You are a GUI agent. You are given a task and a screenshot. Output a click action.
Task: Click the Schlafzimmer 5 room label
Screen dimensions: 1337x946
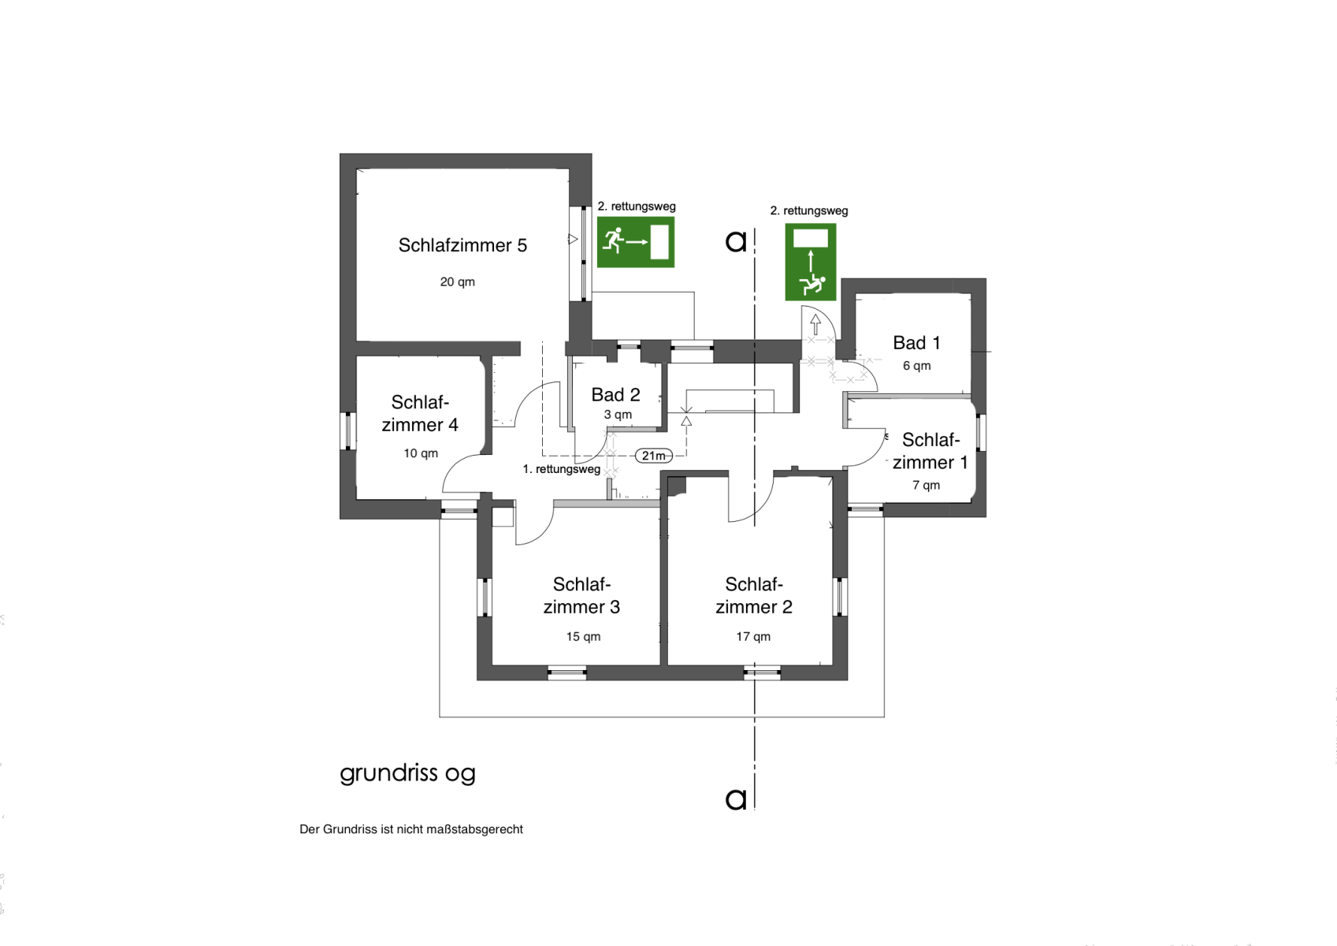point(462,245)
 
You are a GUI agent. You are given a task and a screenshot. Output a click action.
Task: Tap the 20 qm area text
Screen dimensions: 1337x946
point(457,282)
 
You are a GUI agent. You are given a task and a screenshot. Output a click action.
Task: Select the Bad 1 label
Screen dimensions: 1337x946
point(916,343)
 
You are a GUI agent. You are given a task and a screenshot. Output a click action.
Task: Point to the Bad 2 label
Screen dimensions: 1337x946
point(615,395)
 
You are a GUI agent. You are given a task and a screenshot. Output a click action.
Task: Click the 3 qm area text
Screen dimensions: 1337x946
point(618,415)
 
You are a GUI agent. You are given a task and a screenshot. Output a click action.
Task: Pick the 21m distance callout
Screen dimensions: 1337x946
point(654,456)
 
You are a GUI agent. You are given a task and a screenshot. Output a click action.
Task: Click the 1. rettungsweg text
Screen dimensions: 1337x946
point(561,469)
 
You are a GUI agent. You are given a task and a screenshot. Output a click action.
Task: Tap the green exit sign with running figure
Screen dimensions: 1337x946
point(636,242)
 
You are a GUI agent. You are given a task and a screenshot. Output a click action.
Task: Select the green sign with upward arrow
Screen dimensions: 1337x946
point(811,263)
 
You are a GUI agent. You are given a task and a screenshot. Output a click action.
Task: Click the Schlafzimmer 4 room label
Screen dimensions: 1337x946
point(420,413)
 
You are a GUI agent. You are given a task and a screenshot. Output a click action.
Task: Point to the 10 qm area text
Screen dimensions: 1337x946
point(421,453)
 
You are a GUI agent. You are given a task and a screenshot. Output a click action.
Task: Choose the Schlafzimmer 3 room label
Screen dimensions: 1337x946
point(581,595)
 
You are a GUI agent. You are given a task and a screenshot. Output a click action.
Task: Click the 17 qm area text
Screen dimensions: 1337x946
point(753,637)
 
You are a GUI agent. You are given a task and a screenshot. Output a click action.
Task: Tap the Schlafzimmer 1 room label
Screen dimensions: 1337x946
point(930,451)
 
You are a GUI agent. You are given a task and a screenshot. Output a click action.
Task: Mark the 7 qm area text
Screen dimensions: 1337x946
point(927,486)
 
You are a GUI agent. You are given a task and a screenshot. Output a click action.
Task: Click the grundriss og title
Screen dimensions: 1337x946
point(407,773)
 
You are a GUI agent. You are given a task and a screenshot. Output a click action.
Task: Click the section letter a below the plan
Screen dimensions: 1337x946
point(736,799)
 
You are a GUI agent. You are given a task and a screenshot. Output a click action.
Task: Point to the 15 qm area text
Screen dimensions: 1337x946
point(583,637)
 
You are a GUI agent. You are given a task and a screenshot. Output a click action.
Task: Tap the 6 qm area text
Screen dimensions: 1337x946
point(917,366)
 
